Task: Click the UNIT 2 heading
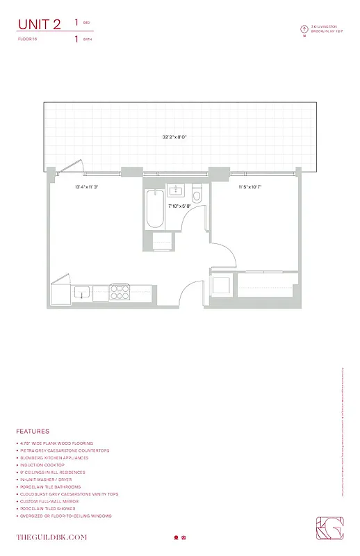(40, 24)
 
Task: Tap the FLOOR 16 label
(28, 40)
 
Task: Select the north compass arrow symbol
(304, 29)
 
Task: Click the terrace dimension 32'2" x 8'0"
(174, 138)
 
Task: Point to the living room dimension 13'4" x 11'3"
(87, 187)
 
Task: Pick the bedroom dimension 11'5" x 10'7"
(250, 187)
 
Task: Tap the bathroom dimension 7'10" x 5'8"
(179, 206)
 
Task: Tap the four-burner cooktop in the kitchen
(120, 292)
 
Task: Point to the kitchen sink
(83, 292)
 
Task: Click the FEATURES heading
(33, 431)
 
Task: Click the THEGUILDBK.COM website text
(51, 537)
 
